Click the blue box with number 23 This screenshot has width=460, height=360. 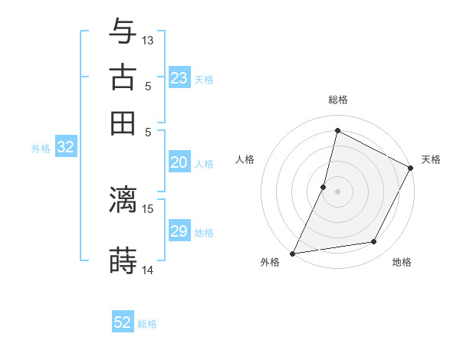(179, 78)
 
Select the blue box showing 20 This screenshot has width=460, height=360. (179, 162)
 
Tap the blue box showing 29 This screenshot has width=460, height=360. (179, 231)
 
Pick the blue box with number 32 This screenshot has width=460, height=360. (65, 148)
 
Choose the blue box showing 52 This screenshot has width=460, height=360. (123, 322)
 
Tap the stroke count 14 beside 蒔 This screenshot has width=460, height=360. (148, 270)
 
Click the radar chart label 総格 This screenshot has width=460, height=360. (337, 100)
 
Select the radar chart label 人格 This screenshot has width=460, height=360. (245, 159)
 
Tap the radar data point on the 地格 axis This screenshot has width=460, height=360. (374, 242)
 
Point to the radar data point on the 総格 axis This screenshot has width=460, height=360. (337, 130)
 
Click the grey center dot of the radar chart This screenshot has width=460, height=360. (337, 191)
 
